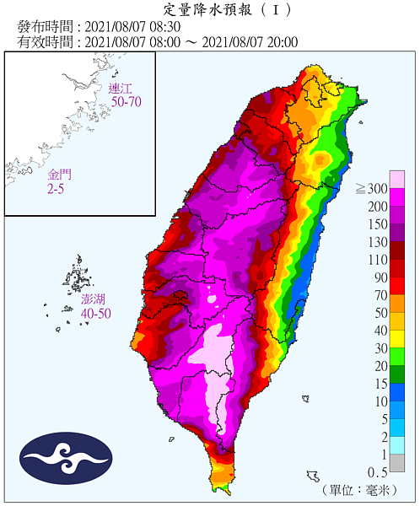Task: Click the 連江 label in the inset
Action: [x=122, y=88]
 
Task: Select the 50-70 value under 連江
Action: [x=125, y=101]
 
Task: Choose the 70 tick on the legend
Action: [x=379, y=294]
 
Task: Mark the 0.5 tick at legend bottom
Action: [x=376, y=471]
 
